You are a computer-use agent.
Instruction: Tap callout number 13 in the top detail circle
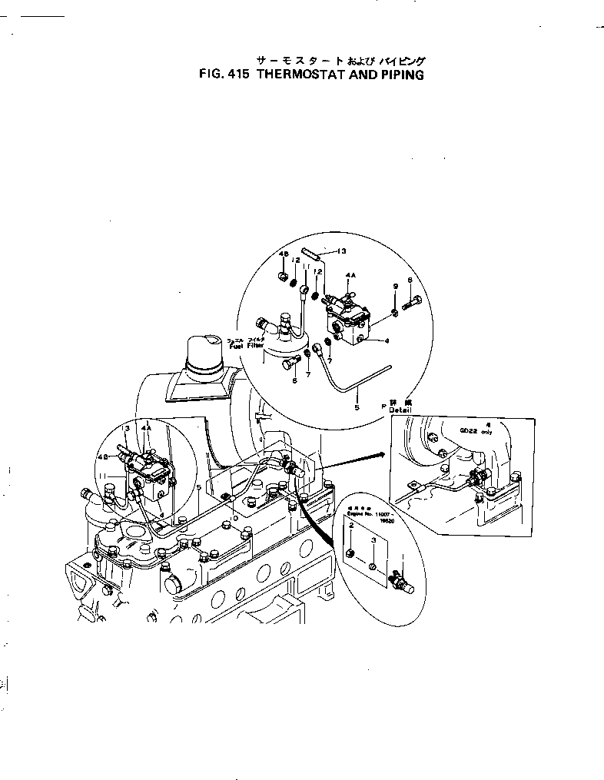point(342,251)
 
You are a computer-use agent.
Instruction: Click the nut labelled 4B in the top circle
point(283,276)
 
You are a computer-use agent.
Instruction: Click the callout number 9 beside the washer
point(395,286)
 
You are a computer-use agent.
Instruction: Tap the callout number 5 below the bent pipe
point(357,407)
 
